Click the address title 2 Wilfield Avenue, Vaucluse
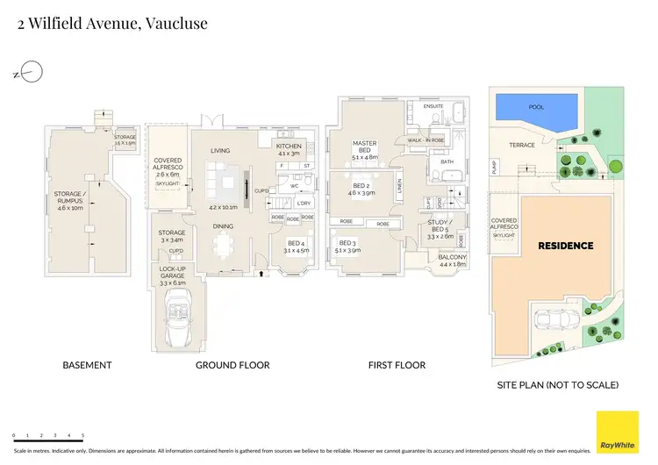point(113,24)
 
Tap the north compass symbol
point(30,70)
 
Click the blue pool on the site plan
point(537,110)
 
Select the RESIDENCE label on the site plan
point(565,246)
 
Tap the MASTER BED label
point(364,147)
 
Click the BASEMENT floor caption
point(87,365)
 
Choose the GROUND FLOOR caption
point(232,365)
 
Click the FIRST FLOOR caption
point(397,365)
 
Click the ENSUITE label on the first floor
point(434,106)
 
